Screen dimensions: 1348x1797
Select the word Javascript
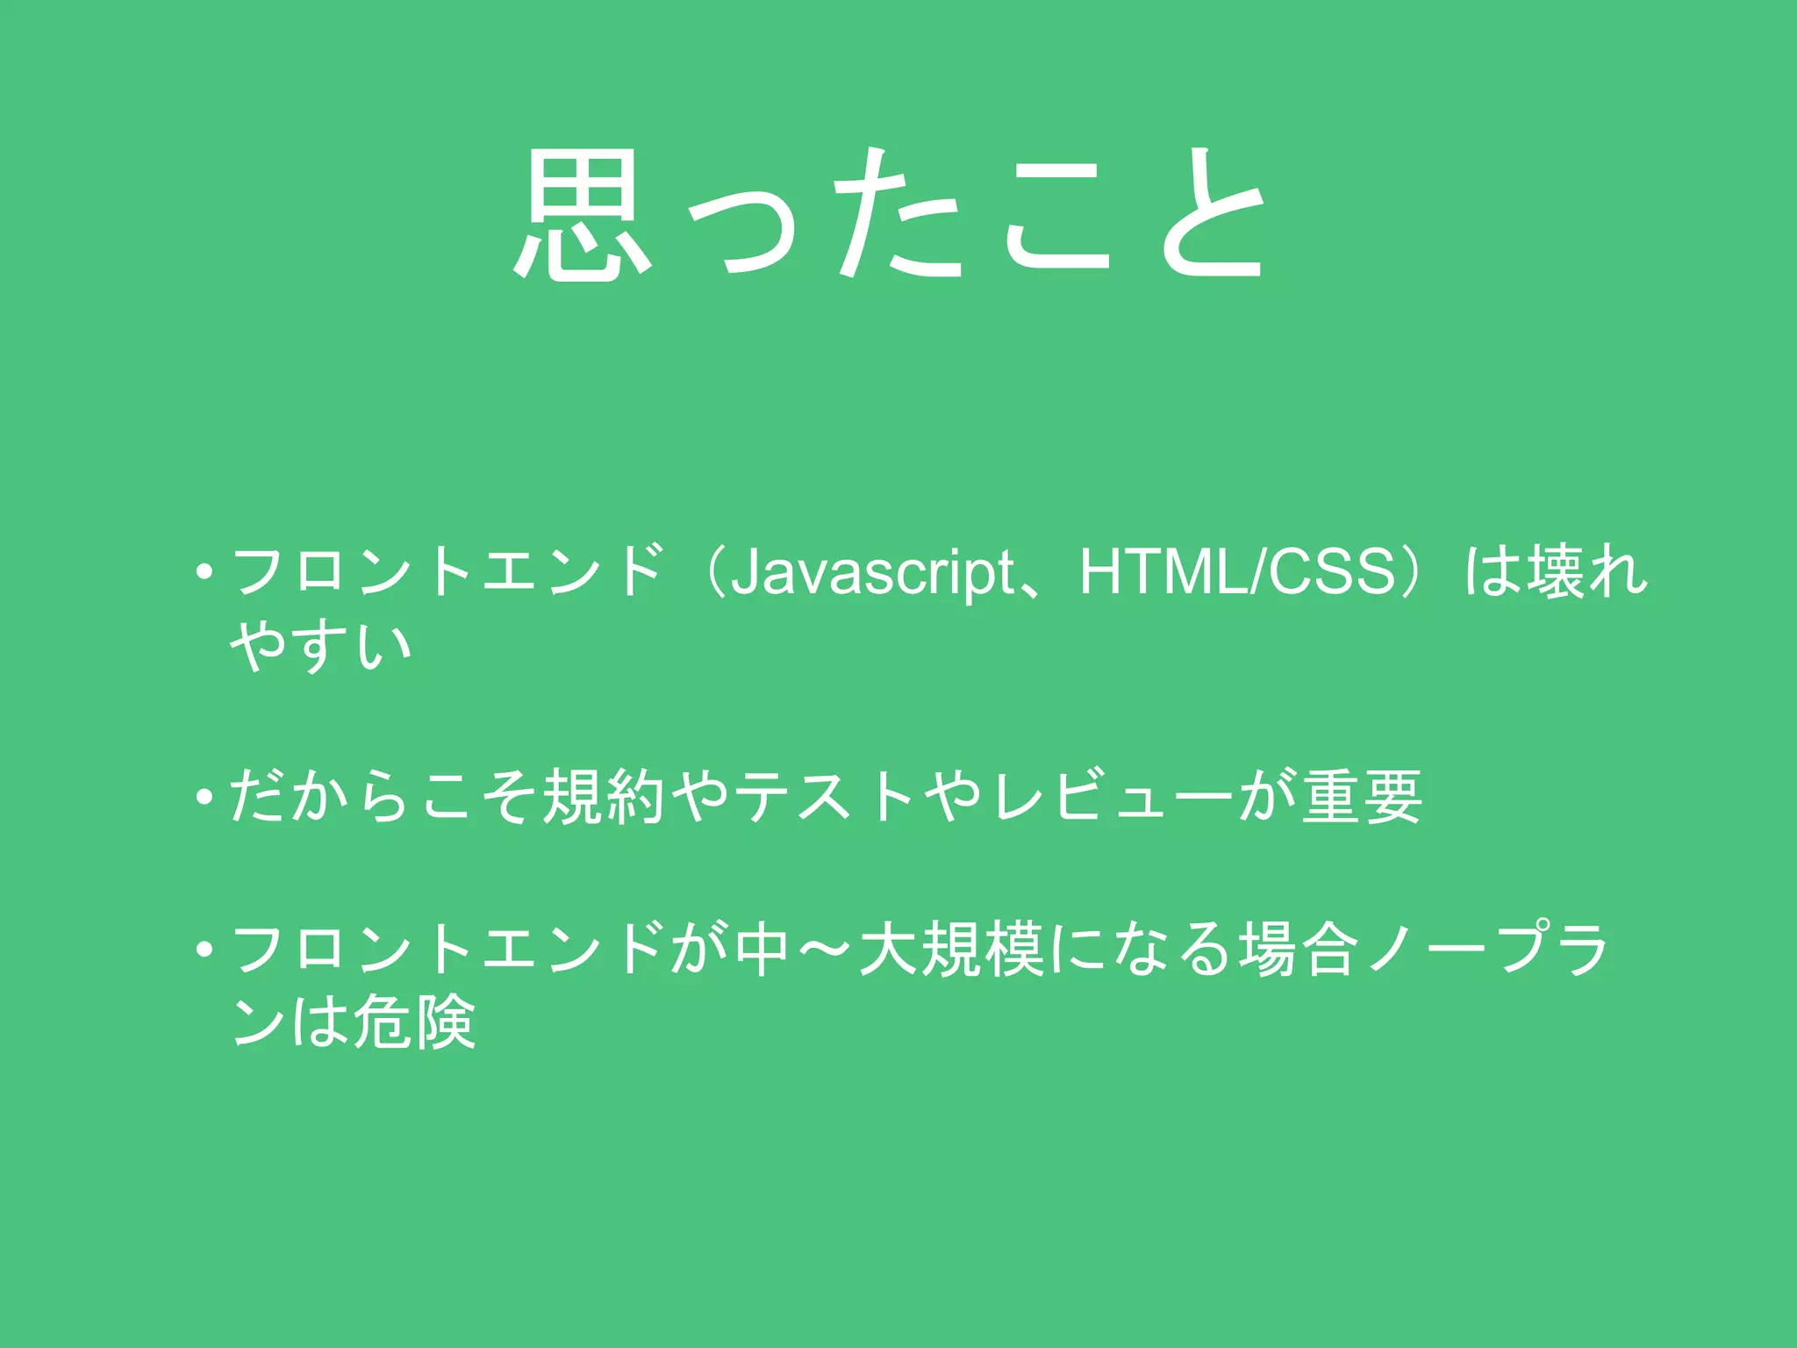(872, 573)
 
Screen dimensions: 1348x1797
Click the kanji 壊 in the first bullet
(1557, 571)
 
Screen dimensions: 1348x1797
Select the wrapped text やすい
(320, 647)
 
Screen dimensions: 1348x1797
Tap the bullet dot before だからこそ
(204, 798)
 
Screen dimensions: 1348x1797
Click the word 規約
(604, 797)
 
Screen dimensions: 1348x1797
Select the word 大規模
(952, 950)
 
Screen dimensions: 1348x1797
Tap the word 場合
(1299, 950)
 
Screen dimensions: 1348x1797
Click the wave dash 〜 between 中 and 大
(825, 950)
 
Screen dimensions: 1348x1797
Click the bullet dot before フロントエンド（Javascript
(204, 573)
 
